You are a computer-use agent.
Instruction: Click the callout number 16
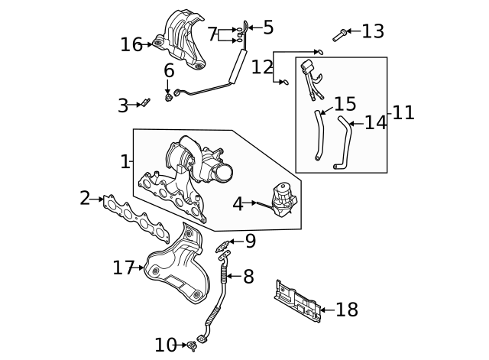131,45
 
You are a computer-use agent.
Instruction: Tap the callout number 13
373,31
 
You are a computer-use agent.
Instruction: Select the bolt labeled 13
339,34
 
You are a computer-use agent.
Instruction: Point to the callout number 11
403,113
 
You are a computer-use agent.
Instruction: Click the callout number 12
261,66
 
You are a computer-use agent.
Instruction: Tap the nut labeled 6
168,97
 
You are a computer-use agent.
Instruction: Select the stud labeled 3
141,103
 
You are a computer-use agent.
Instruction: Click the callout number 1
125,161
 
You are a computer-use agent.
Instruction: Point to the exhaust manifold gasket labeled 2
130,214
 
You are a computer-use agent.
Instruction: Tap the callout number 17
123,268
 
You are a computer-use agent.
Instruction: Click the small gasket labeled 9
223,246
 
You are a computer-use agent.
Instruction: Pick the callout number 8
248,277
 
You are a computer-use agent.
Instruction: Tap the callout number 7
212,34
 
